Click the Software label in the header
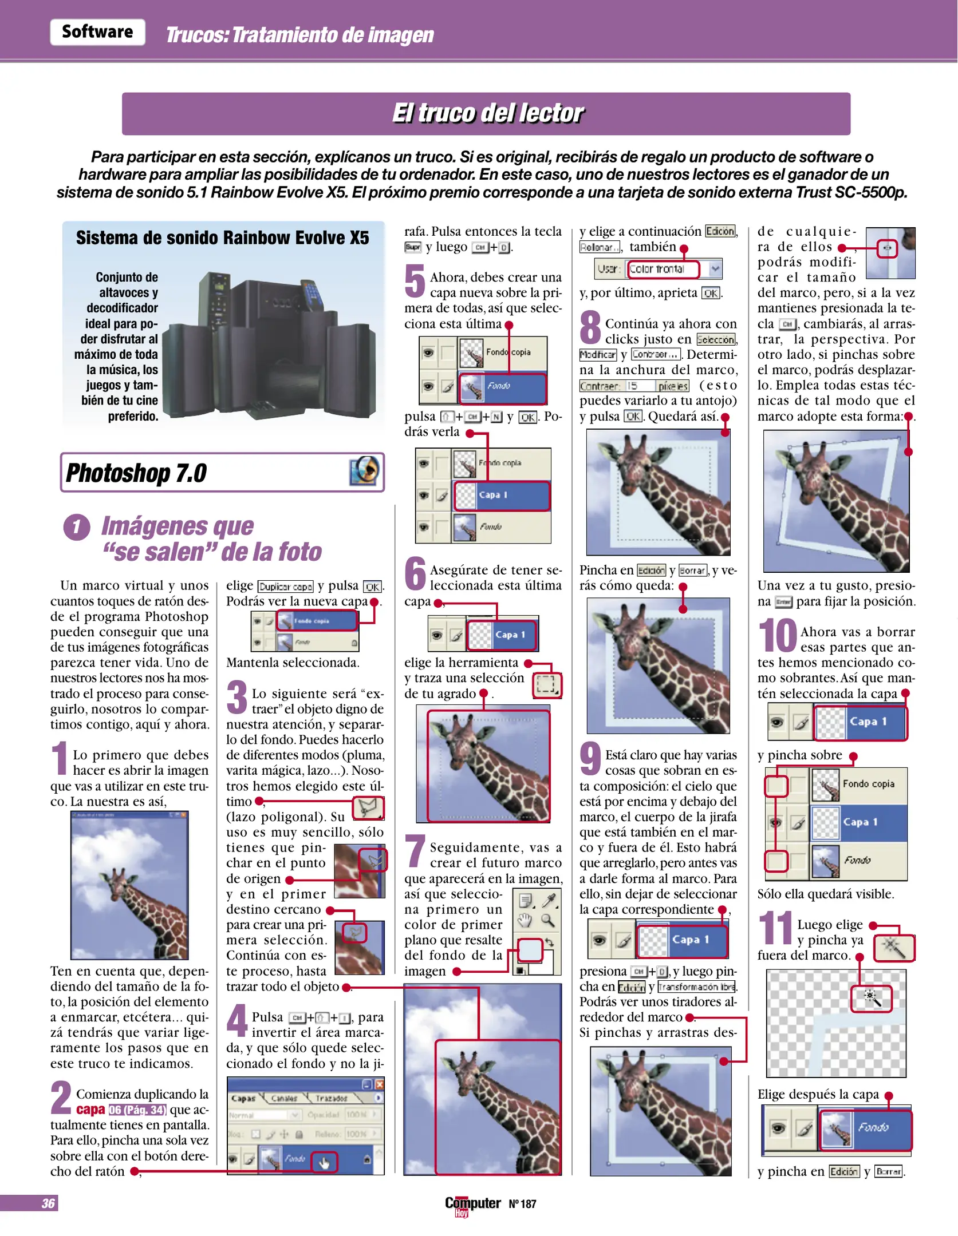[x=97, y=31]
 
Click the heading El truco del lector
[x=487, y=113]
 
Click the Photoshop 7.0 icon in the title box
[x=365, y=472]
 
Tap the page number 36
[x=48, y=1203]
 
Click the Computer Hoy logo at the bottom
[x=472, y=1205]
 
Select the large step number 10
[x=777, y=635]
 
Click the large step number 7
[x=415, y=850]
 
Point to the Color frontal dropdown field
[x=663, y=269]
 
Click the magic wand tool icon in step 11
[x=894, y=948]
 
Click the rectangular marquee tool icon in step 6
[x=547, y=685]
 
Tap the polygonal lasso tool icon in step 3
[x=368, y=808]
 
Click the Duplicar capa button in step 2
[x=286, y=587]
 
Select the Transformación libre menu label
[x=697, y=987]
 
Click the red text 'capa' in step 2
[x=90, y=1110]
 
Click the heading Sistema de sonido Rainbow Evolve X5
[x=223, y=237]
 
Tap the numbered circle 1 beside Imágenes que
[x=77, y=527]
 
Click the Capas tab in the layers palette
[x=243, y=1098]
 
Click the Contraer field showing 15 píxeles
[x=634, y=386]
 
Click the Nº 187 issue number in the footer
[x=522, y=1204]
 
